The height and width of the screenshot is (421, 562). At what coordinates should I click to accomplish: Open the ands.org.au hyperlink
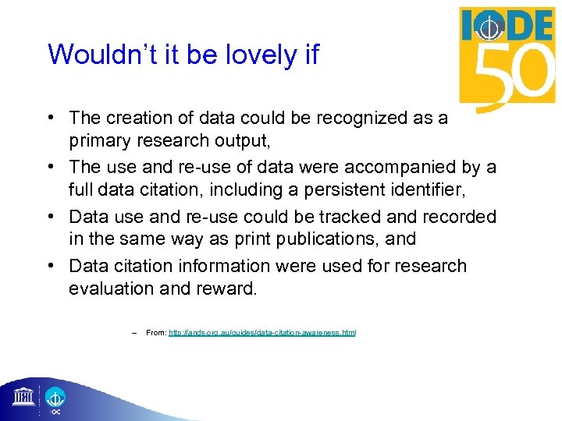click(x=262, y=333)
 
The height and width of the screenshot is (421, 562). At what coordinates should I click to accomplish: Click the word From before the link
click(x=155, y=333)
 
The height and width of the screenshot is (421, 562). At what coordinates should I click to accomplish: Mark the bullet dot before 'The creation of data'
click(x=50, y=119)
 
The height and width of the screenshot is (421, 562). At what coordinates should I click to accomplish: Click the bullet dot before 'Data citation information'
click(x=50, y=266)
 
